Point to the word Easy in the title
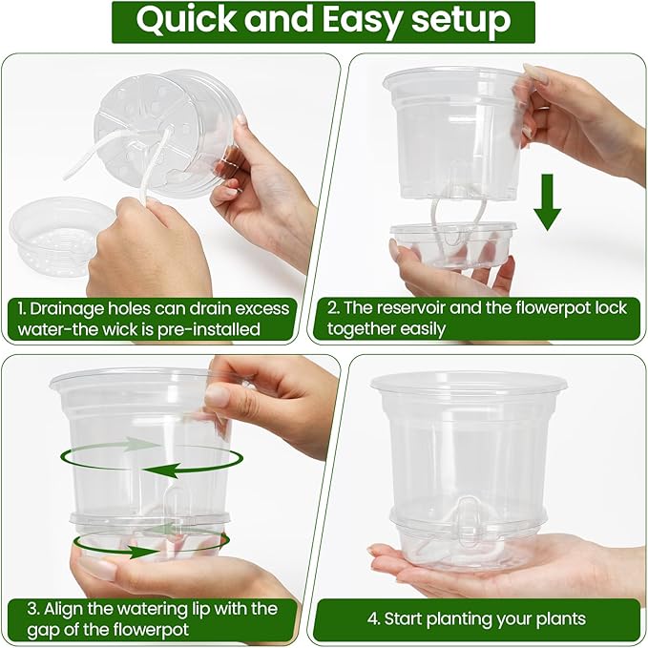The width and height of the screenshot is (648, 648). click(364, 21)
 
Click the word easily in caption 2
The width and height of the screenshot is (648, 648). click(462, 329)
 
